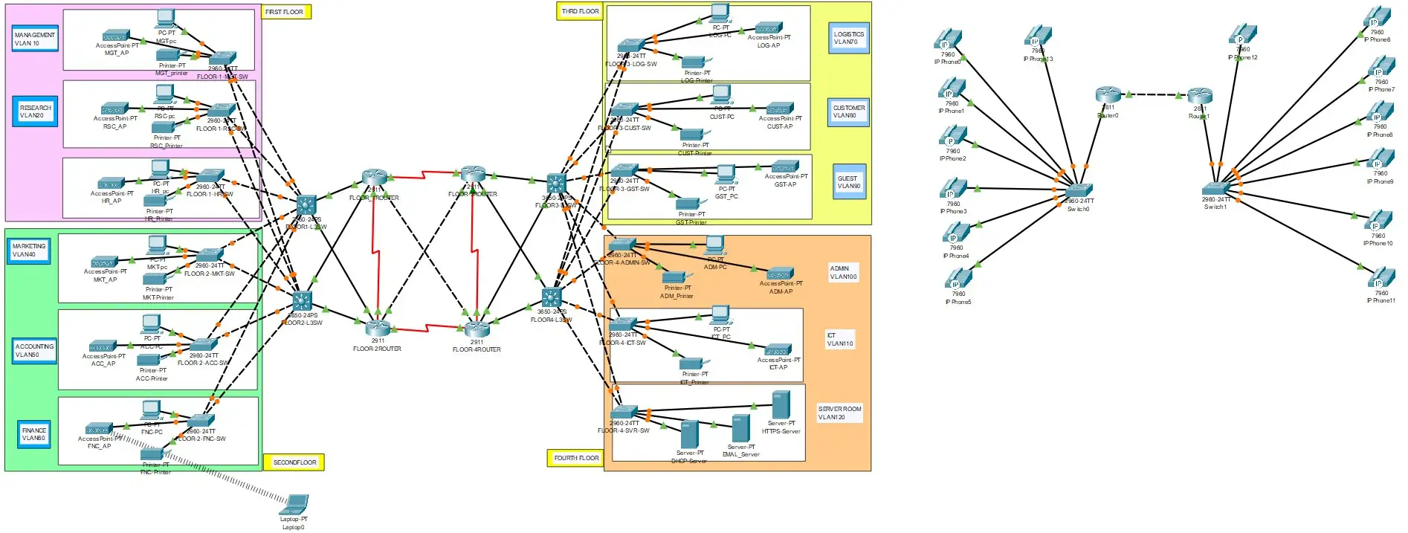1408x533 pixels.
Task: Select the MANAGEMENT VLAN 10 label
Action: pyautogui.click(x=34, y=39)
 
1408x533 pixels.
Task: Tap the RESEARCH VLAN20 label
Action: pyautogui.click(x=35, y=112)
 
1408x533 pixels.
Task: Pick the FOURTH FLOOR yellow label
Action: pyautogui.click(x=575, y=458)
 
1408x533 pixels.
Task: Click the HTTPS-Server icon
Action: pyautogui.click(x=781, y=406)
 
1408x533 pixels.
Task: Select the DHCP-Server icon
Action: pyautogui.click(x=689, y=435)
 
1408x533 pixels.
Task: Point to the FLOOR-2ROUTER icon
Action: pyautogui.click(x=378, y=328)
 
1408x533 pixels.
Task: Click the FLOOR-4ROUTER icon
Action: pyautogui.click(x=477, y=329)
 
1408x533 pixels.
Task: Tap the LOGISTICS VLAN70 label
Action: pyautogui.click(x=848, y=38)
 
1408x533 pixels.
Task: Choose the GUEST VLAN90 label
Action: pyautogui.click(x=848, y=182)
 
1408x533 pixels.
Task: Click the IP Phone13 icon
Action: pyautogui.click(x=1038, y=36)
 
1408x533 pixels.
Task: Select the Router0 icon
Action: pyautogui.click(x=1108, y=95)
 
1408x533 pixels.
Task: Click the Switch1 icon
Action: pyautogui.click(x=1216, y=189)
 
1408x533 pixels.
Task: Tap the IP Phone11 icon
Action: pyautogui.click(x=1380, y=280)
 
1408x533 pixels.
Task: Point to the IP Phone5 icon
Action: pyautogui.click(x=958, y=280)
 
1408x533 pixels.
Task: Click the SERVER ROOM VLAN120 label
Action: pyautogui.click(x=839, y=413)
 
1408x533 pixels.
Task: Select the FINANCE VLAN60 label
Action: pyautogui.click(x=34, y=434)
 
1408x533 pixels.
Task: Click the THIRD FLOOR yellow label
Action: pyautogui.click(x=580, y=11)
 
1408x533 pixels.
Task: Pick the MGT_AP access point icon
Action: pyautogui.click(x=116, y=36)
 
